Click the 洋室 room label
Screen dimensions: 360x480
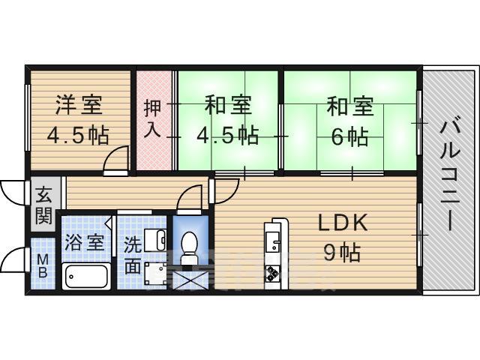click(x=78, y=106)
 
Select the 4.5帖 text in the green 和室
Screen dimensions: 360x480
click(x=228, y=136)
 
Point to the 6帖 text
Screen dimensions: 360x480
click(x=349, y=136)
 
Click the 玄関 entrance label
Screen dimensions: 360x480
click(x=42, y=207)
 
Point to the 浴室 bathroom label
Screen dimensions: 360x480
click(x=83, y=243)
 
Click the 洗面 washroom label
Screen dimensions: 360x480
click(x=133, y=255)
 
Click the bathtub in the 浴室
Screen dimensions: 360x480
click(x=85, y=277)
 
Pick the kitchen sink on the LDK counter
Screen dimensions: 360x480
click(x=271, y=242)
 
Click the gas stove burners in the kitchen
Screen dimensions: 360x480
click(x=271, y=274)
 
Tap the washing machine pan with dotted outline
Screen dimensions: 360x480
click(x=158, y=274)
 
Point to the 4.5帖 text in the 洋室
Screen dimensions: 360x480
click(x=78, y=136)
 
